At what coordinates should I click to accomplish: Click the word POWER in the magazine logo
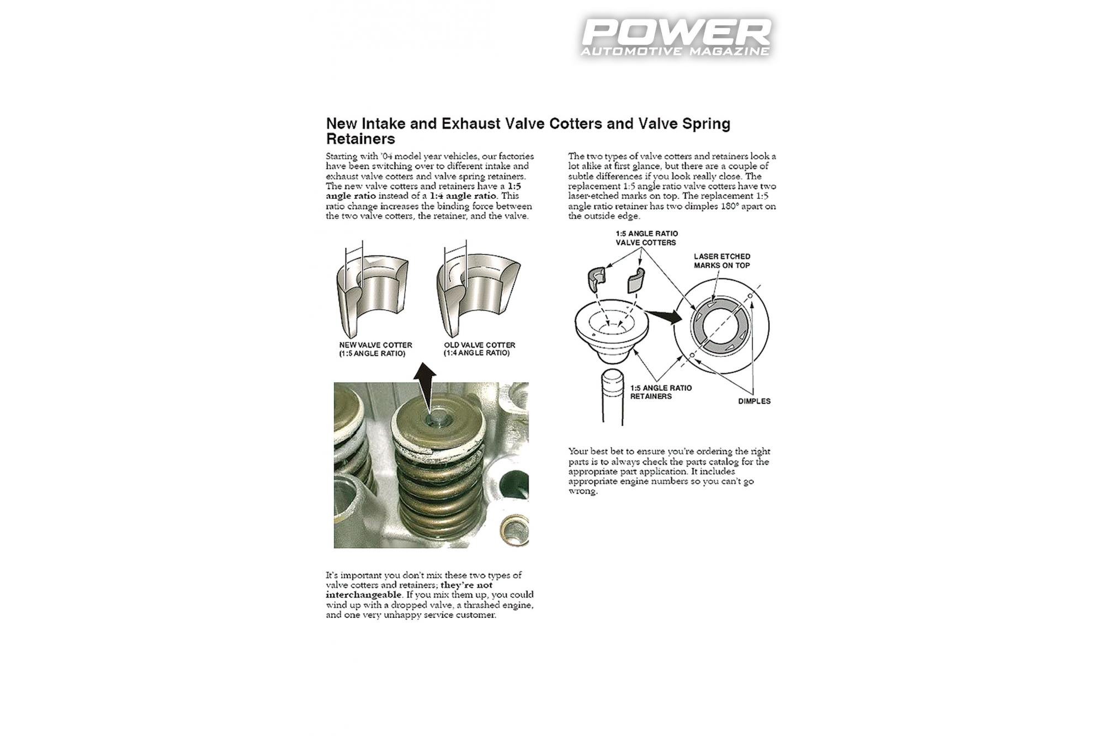coord(676,33)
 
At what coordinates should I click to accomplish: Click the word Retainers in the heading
coord(360,139)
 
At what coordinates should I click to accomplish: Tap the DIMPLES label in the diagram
coord(754,401)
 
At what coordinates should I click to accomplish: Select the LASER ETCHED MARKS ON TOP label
coord(721,261)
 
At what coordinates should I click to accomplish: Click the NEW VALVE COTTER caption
coord(375,349)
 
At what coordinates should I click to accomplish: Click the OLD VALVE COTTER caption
coord(479,349)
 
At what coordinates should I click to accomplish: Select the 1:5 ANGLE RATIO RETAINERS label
coord(660,392)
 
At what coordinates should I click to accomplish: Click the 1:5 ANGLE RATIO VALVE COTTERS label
coord(646,238)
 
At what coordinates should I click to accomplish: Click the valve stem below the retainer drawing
coord(612,397)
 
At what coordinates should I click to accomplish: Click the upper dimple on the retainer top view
coord(750,296)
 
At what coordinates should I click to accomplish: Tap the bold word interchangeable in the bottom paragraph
coord(363,595)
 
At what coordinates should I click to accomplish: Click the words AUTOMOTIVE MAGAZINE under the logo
coord(675,51)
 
